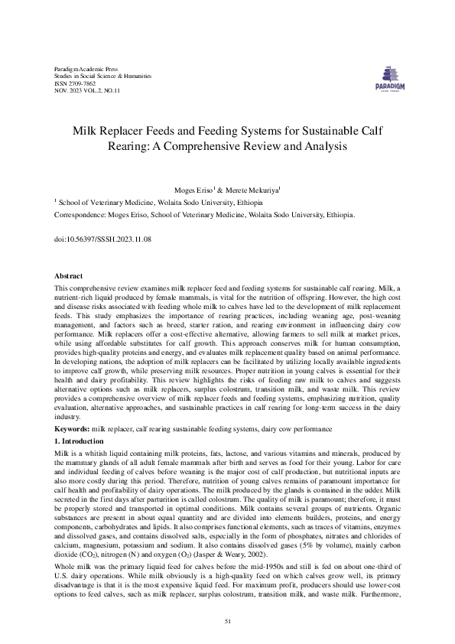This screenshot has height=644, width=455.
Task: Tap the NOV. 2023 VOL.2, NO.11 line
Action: point(76,90)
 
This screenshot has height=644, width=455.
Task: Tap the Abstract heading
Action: point(69,275)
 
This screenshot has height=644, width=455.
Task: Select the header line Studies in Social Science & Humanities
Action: point(102,76)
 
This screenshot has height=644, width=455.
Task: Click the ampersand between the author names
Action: point(219,188)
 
